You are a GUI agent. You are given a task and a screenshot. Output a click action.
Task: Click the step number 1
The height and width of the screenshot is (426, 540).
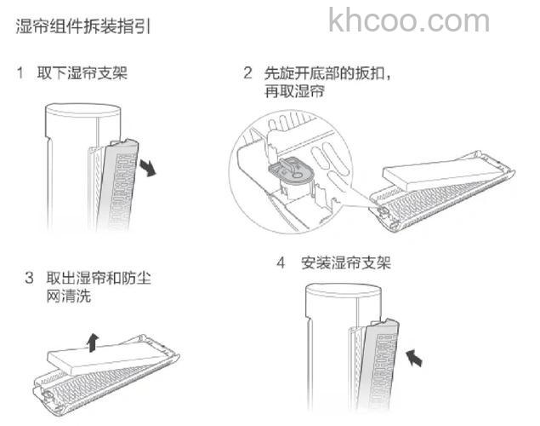click(x=20, y=74)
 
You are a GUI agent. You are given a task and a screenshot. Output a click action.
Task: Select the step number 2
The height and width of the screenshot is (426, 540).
click(x=247, y=74)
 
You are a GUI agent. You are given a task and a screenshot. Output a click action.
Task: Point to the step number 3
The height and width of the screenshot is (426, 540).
click(x=29, y=279)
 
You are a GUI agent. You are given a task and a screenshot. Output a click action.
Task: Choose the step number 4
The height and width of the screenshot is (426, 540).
click(x=281, y=262)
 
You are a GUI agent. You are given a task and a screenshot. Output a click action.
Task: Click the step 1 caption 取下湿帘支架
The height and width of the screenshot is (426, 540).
click(x=82, y=74)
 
